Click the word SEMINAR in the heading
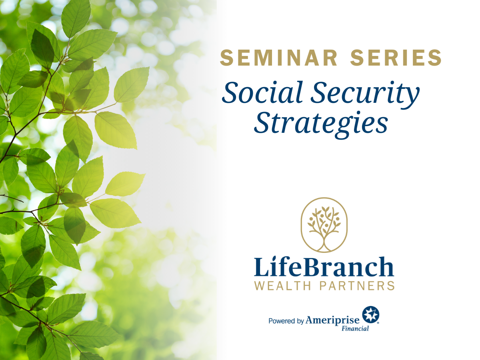click(x=278, y=58)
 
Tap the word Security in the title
click(x=365, y=94)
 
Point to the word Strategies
click(x=321, y=124)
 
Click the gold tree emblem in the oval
click(x=324, y=225)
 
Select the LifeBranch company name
click(x=324, y=267)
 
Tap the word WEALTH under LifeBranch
click(x=282, y=286)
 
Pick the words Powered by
click(x=286, y=321)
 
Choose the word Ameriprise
click(x=332, y=321)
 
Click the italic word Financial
click(x=355, y=328)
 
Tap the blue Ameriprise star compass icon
click(x=370, y=314)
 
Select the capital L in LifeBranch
click(x=262, y=267)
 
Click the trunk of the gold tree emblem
click(x=324, y=243)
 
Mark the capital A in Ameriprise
click(x=310, y=320)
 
